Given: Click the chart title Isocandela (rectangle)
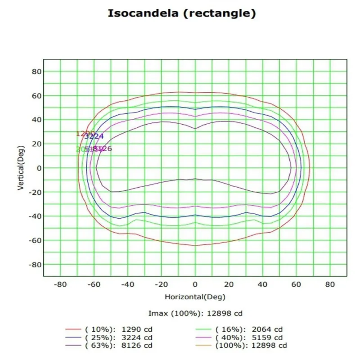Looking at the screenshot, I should click(x=182, y=13).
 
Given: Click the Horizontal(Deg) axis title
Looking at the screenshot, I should click(x=195, y=297).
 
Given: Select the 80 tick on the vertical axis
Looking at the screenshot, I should click(x=36, y=72).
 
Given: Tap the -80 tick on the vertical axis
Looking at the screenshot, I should click(x=35, y=265).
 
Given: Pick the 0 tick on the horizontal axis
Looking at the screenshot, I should click(x=195, y=284).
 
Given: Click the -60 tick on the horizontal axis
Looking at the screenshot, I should click(x=94, y=284).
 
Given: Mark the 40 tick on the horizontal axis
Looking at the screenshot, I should click(x=262, y=284).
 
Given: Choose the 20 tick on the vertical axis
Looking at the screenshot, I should click(x=36, y=144).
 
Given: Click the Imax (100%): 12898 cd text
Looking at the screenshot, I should click(x=195, y=313).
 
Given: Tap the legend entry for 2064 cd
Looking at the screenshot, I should click(x=249, y=328).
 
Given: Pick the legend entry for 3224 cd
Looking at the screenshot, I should click(x=119, y=337).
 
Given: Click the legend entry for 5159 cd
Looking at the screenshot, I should click(x=249, y=337).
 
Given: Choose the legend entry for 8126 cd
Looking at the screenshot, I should click(x=119, y=346).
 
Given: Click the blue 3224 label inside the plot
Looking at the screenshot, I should click(x=94, y=136).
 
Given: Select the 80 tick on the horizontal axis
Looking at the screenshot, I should click(x=330, y=284).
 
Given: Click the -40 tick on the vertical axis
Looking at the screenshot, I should click(x=35, y=216).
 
